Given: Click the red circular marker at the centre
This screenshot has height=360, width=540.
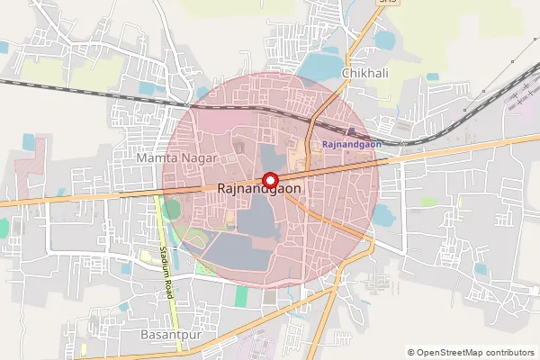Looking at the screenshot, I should point(269,180).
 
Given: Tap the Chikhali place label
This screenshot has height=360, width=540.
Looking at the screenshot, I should point(364,74).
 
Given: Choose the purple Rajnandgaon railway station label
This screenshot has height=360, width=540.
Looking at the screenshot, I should point(352,144).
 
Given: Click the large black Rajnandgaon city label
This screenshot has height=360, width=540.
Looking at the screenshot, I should point(259,191).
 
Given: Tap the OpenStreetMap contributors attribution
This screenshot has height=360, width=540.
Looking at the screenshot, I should point(471,353).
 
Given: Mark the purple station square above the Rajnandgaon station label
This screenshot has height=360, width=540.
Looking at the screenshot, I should point(351,131).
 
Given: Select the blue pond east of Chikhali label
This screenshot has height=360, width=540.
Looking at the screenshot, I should point(384,40).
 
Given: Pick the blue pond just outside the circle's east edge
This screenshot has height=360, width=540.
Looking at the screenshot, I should point(382,215).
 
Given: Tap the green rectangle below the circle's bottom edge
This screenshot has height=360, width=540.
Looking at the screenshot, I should point(241,294).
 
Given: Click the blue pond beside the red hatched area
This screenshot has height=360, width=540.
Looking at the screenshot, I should point(28,142).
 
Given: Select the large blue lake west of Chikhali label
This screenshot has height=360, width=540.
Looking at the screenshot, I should point(317,67).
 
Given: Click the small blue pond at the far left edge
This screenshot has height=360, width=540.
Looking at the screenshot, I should point(4,47).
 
